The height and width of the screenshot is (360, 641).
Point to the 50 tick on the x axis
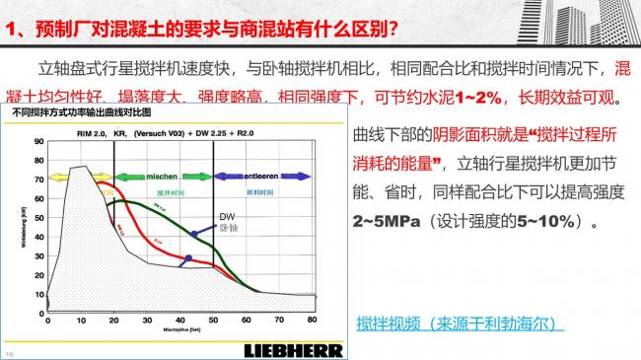[212, 320]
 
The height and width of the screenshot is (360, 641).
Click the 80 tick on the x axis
[312, 320]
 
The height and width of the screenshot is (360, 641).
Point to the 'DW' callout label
[225, 215]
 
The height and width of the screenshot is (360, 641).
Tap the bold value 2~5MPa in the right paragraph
[377, 222]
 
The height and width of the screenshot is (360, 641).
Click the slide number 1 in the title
[13, 27]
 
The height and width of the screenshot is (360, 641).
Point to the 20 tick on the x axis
[113, 320]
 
